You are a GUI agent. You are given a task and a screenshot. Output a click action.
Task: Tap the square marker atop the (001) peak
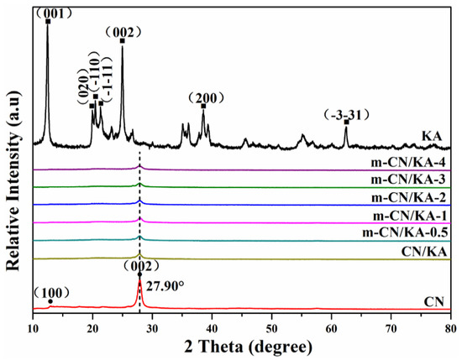click(x=47, y=21)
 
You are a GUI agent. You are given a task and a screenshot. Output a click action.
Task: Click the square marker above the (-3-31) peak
click(x=346, y=122)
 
